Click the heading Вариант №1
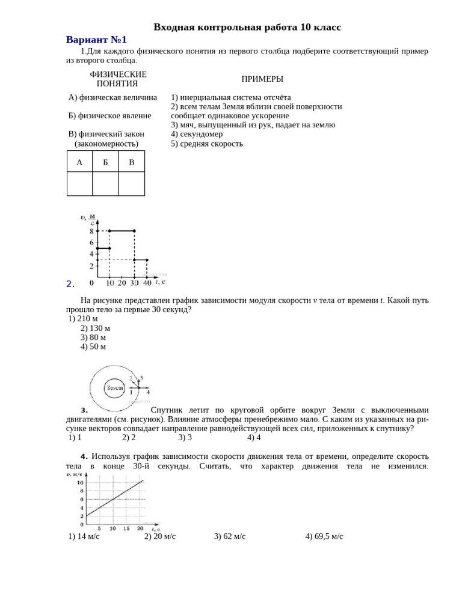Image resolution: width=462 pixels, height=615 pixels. click(x=96, y=40)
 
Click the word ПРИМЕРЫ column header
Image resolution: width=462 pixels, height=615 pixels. click(x=262, y=79)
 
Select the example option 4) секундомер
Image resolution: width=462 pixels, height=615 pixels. click(x=197, y=134)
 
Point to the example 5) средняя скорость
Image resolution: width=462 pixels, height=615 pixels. click(x=207, y=144)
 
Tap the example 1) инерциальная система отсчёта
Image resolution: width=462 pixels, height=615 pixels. click(x=231, y=97)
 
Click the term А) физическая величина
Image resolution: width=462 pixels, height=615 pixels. click(x=112, y=97)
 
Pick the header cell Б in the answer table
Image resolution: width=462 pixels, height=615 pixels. click(x=105, y=162)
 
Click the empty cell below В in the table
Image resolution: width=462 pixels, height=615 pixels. click(x=132, y=184)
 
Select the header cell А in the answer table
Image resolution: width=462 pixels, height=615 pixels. click(x=79, y=162)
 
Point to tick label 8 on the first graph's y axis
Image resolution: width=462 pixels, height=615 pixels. click(x=91, y=231)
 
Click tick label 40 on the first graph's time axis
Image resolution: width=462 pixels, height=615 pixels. click(x=147, y=282)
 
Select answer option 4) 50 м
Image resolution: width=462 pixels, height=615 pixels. click(x=93, y=347)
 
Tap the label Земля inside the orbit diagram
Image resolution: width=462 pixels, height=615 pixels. click(x=115, y=388)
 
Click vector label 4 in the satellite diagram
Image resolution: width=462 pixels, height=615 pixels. click(x=148, y=392)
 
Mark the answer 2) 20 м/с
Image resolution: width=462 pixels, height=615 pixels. click(x=160, y=536)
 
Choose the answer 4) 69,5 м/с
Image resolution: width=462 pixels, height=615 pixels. click(x=324, y=536)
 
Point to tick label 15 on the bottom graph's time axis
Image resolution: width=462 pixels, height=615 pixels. click(x=126, y=529)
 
